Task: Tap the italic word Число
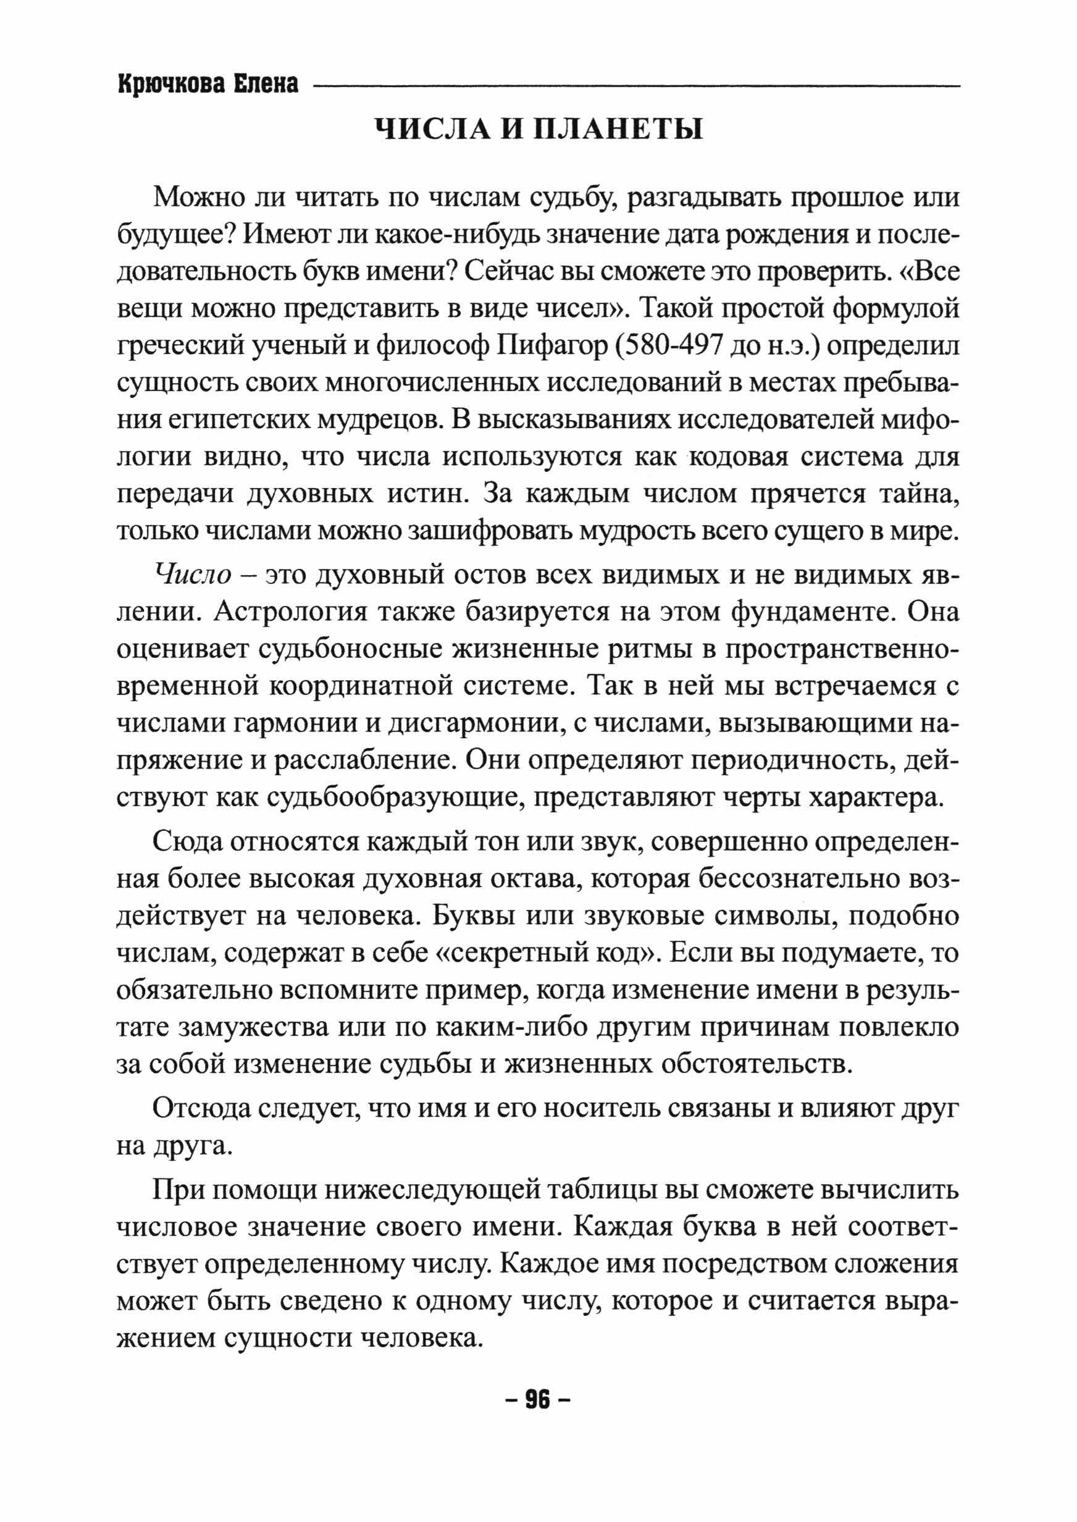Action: (192, 575)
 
